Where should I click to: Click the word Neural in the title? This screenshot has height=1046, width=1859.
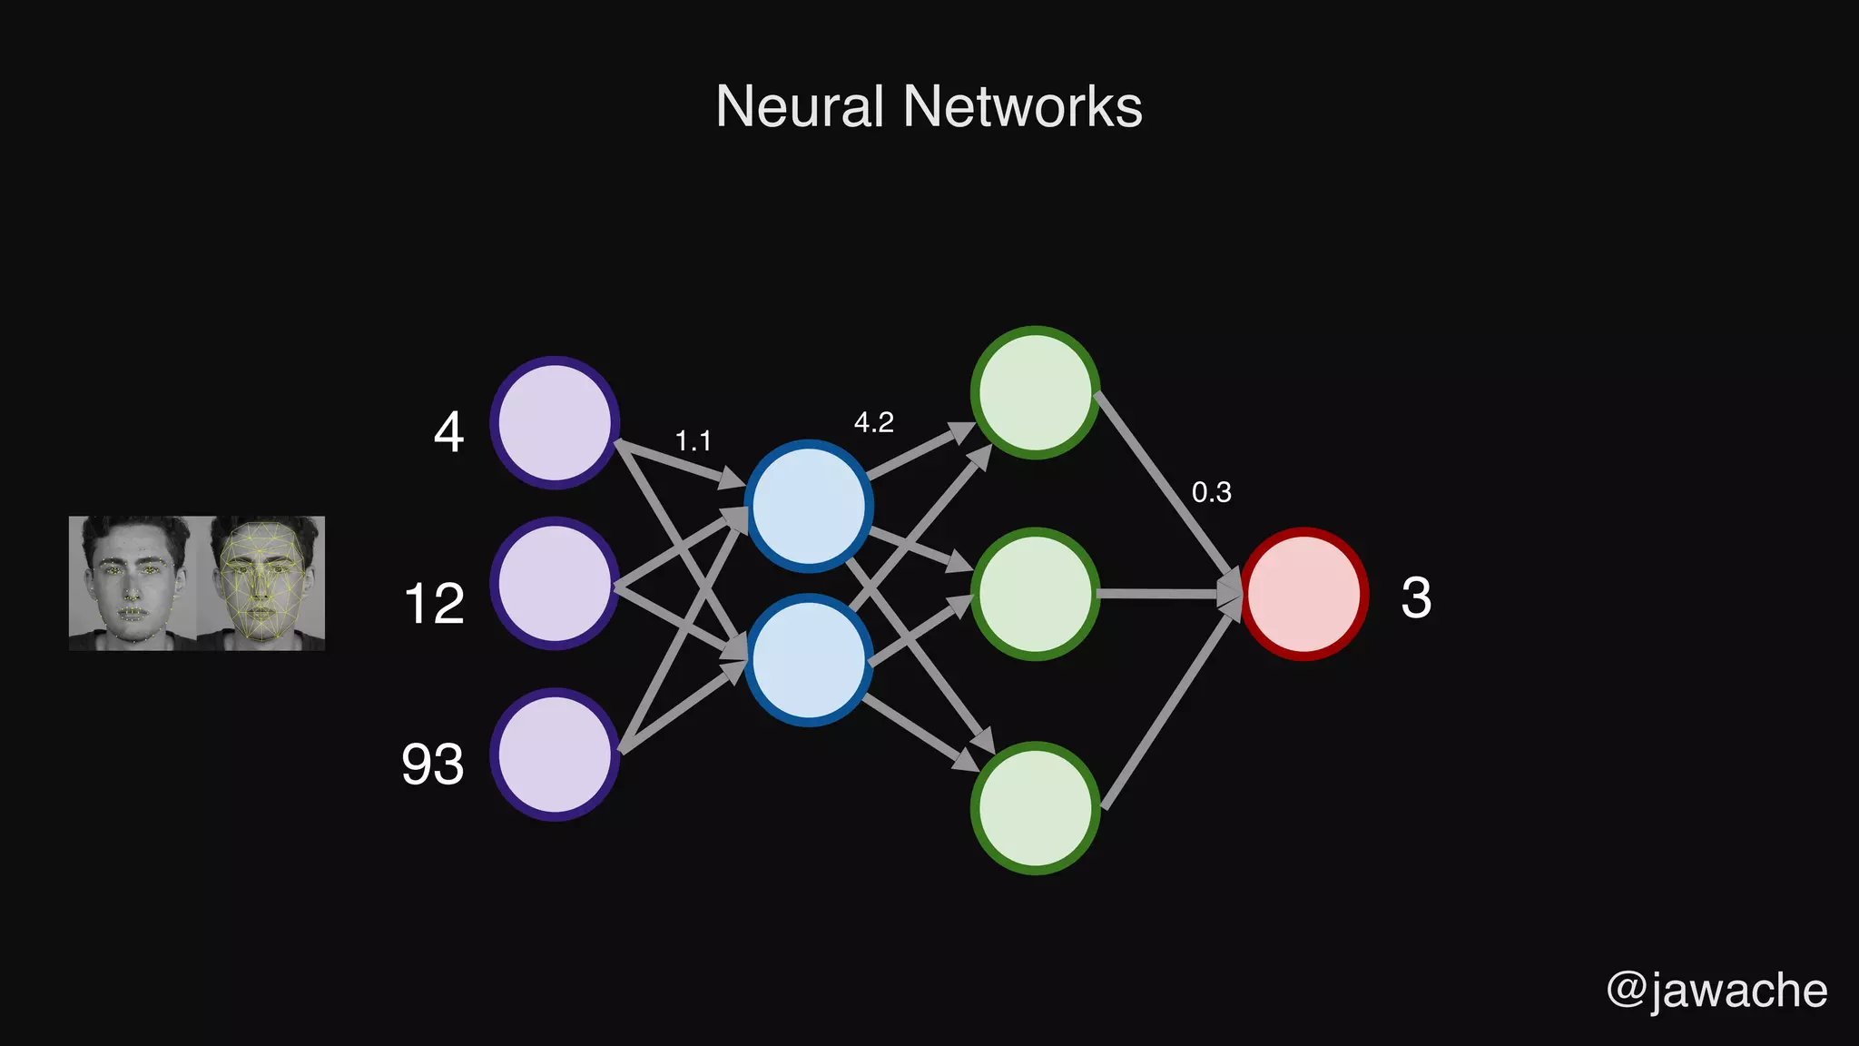pos(799,106)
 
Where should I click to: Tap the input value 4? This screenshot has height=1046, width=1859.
pos(448,432)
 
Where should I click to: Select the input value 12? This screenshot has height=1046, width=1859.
pos(434,604)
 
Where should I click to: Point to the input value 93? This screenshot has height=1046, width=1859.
pos(433,765)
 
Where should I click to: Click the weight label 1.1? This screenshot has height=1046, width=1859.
pos(693,441)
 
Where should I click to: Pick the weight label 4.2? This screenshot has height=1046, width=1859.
pos(873,422)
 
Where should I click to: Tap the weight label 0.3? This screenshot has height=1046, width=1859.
pos(1211,492)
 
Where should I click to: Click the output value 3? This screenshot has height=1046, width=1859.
pos(1416,598)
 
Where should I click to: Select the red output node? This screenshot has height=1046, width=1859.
pos(1304,594)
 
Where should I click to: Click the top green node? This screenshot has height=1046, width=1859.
pos(1035,392)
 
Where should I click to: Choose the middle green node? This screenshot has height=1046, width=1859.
pos(1035,594)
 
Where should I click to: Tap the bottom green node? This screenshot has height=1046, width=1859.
pos(1035,808)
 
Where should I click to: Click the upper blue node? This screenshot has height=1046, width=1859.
pos(808,506)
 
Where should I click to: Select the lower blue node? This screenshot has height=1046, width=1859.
pos(808,660)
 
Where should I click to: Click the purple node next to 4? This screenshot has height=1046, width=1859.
pos(555,422)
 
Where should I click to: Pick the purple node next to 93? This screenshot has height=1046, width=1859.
pos(555,755)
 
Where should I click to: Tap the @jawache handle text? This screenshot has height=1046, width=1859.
pos(1716,990)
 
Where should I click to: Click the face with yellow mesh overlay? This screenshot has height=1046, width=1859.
pos(261,583)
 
